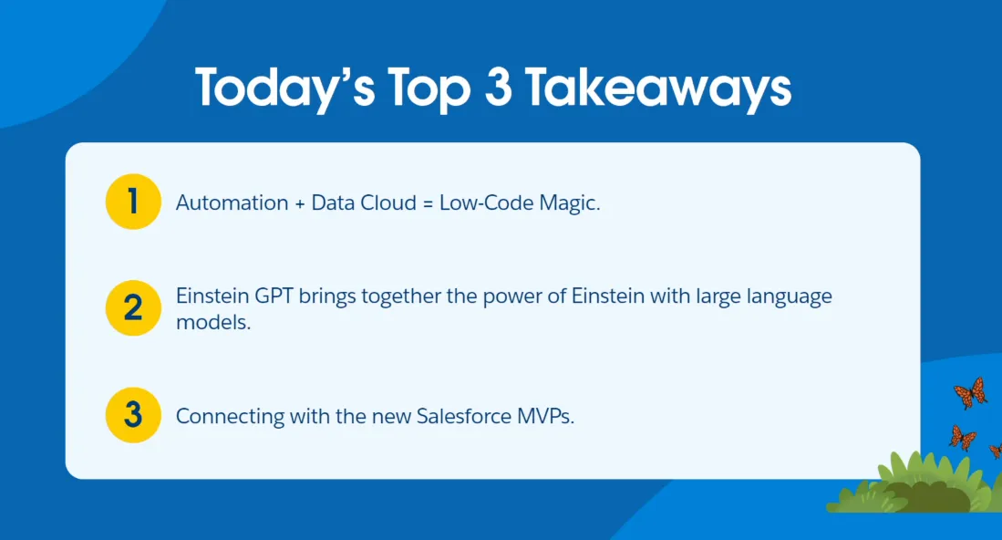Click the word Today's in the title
click(x=285, y=88)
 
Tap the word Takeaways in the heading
click(x=658, y=88)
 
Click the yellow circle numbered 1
click(x=133, y=202)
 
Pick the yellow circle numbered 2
click(x=133, y=308)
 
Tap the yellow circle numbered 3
click(x=133, y=415)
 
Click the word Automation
click(x=232, y=202)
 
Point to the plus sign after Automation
click(x=300, y=203)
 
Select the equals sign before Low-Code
click(x=428, y=203)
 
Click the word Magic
click(x=569, y=203)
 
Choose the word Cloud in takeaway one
click(x=388, y=202)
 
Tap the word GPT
click(x=274, y=296)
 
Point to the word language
click(x=790, y=297)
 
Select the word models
click(x=213, y=322)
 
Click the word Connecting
click(x=230, y=417)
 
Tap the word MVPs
click(x=546, y=416)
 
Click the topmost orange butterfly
click(x=970, y=392)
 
